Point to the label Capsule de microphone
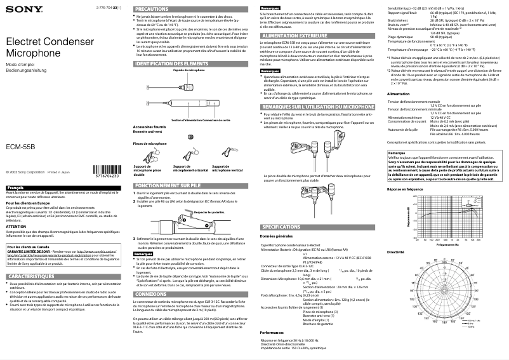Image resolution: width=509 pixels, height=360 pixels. click(188, 70)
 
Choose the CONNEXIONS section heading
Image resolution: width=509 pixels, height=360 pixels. click(152, 295)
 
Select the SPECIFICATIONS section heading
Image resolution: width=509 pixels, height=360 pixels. click(281, 227)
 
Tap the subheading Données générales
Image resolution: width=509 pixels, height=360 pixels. click(276, 236)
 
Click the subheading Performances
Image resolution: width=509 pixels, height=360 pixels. click(272, 332)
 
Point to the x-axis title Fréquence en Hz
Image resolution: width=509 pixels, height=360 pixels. click(447, 244)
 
